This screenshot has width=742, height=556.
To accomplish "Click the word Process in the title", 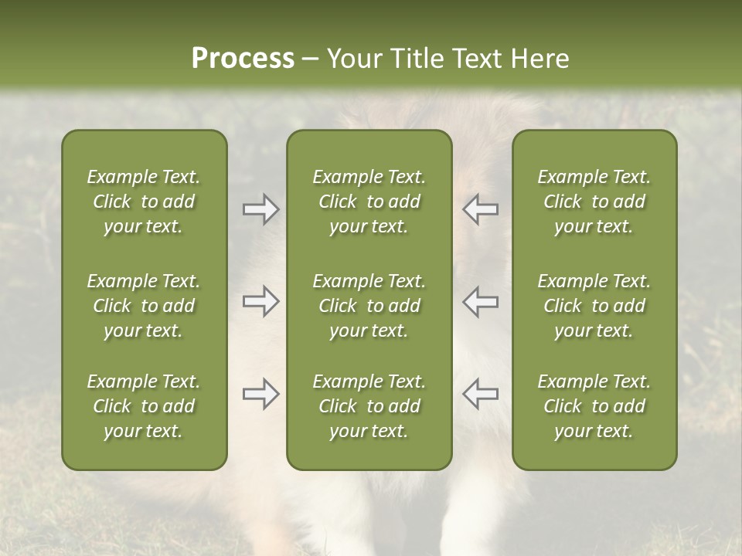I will click(243, 59).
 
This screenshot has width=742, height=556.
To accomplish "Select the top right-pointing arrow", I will click(260, 209).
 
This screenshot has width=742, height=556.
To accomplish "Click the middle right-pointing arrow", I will click(260, 301).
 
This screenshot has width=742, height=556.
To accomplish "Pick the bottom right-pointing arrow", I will click(260, 394).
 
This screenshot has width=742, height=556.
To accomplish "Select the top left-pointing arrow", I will click(480, 209).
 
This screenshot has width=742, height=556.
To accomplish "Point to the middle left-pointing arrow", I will click(480, 301).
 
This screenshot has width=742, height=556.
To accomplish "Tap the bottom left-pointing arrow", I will click(480, 394).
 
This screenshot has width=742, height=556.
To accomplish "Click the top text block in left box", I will click(144, 202).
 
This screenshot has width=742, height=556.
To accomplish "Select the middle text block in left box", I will click(144, 306).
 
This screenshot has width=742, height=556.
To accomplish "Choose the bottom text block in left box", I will click(144, 406).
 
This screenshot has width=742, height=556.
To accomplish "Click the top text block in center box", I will click(369, 202).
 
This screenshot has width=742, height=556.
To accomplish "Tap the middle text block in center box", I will click(369, 306).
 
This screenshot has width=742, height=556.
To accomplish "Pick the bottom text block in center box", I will click(369, 406).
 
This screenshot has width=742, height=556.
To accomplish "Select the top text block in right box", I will click(594, 202).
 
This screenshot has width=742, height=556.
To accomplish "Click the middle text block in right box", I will click(594, 306).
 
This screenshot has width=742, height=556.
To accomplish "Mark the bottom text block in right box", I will click(594, 406).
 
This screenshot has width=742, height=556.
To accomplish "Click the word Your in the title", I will click(354, 59).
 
